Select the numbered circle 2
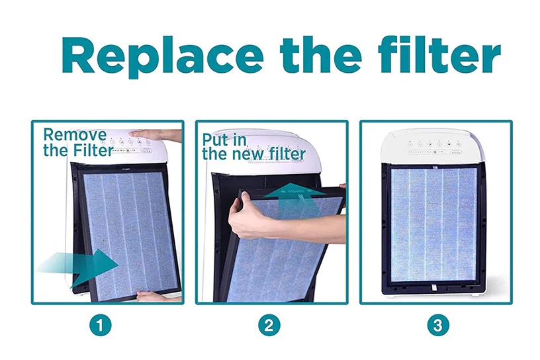[271, 325]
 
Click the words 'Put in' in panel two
[225, 140]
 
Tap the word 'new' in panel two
[254, 154]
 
